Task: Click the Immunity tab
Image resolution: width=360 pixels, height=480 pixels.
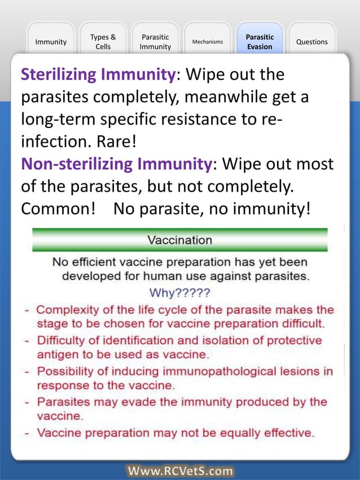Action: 51,42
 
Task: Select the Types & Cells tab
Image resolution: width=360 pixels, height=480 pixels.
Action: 103,42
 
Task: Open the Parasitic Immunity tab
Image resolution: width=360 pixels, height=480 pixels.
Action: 155,42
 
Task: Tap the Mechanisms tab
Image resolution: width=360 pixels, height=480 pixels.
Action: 207,42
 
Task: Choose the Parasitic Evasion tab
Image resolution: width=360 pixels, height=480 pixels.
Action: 260,42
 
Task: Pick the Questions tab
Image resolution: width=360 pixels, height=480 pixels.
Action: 311,42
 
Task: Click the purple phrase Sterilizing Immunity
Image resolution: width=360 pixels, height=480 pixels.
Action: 98,74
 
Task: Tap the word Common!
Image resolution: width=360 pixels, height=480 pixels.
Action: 58,209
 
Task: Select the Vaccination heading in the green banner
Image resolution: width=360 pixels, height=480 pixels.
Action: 179,240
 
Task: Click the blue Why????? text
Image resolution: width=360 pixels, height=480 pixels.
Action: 179,293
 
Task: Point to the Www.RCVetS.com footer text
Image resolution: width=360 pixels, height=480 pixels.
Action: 180,471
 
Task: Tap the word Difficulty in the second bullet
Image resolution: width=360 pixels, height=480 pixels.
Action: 62,341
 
